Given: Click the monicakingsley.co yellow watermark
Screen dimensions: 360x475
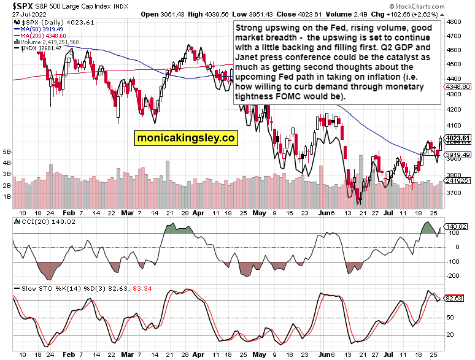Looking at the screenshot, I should [x=186, y=139].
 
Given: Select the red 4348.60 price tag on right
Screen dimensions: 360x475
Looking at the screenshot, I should [x=462, y=87].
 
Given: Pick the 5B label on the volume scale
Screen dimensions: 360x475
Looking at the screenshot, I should [x=7, y=151].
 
